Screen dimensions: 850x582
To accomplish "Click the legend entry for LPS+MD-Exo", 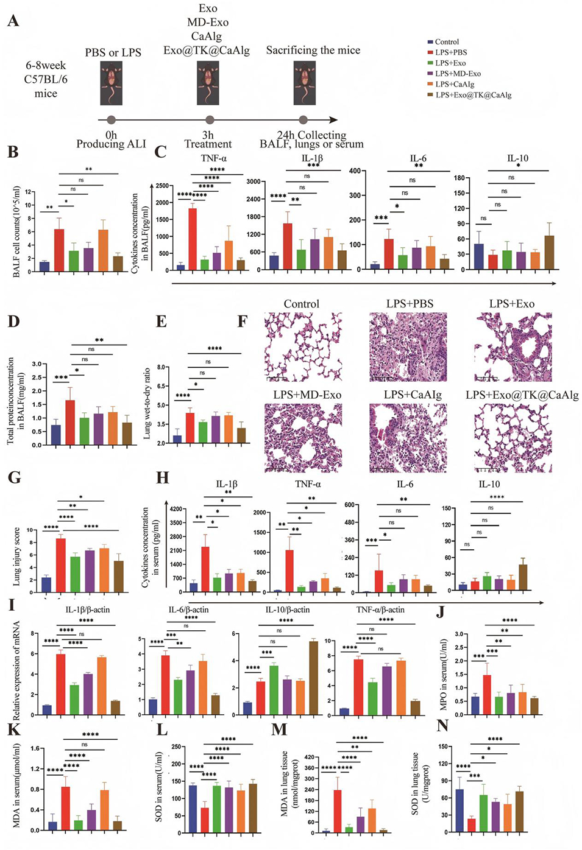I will click(x=457, y=74).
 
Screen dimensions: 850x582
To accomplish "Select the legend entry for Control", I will click(x=446, y=42).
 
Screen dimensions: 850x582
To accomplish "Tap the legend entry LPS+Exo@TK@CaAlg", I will click(x=472, y=95).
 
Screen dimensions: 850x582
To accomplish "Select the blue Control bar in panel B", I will click(x=44, y=266).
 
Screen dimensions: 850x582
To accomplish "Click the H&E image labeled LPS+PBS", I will click(x=408, y=347).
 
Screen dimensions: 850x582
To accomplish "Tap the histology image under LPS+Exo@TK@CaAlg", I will click(x=513, y=438).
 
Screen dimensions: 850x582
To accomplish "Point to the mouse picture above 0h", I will click(x=111, y=83).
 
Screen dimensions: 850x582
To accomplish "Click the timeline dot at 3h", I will click(x=210, y=121).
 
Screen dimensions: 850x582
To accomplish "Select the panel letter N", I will click(x=442, y=726).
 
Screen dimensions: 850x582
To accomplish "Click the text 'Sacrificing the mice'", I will click(x=313, y=50).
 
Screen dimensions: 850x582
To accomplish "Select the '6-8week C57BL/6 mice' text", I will click(x=45, y=79).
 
